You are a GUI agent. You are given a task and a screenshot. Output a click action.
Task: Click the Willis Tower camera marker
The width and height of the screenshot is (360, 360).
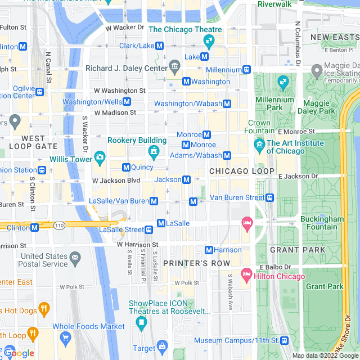click(x=100, y=156)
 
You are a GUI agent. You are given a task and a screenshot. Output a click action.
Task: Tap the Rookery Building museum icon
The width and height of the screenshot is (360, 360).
click(x=152, y=151)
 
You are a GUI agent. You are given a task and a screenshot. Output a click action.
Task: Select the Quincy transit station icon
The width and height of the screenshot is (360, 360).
click(x=126, y=167)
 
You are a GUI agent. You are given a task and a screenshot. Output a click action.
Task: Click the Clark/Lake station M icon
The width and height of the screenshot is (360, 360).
click(x=160, y=46)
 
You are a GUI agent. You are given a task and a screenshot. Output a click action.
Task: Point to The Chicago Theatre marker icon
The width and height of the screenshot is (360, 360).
click(x=209, y=40)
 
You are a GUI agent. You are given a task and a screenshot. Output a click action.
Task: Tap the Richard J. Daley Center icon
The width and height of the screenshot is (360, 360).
click(x=174, y=68)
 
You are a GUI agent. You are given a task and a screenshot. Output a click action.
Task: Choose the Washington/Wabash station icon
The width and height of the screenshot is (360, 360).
click(x=227, y=103)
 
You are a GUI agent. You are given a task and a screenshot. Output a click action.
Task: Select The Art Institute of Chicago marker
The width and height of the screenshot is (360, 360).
click(x=259, y=146)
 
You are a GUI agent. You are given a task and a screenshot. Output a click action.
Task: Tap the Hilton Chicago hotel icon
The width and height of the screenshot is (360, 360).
click(x=246, y=276)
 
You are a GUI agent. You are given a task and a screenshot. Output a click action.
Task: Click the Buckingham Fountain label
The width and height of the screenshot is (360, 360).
click(x=318, y=223)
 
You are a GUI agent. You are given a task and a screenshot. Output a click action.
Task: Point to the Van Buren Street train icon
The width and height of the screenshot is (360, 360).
click(x=270, y=197)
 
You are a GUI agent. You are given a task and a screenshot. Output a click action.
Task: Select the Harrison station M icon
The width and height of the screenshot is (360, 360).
click(x=209, y=250)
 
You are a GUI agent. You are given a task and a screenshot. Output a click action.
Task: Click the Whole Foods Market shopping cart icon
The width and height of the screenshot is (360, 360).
click(x=66, y=337)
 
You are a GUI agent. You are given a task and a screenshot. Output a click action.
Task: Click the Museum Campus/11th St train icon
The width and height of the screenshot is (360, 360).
click(x=285, y=340)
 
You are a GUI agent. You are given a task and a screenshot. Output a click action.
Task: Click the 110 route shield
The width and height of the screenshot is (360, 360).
click(x=59, y=225)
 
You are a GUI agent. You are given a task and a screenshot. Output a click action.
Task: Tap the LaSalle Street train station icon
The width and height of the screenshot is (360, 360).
click(x=149, y=229)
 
